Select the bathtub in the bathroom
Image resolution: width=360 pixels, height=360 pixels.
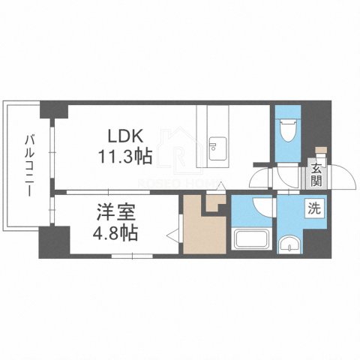click(252, 242)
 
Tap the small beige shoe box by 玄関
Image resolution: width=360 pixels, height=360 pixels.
click(321, 152)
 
